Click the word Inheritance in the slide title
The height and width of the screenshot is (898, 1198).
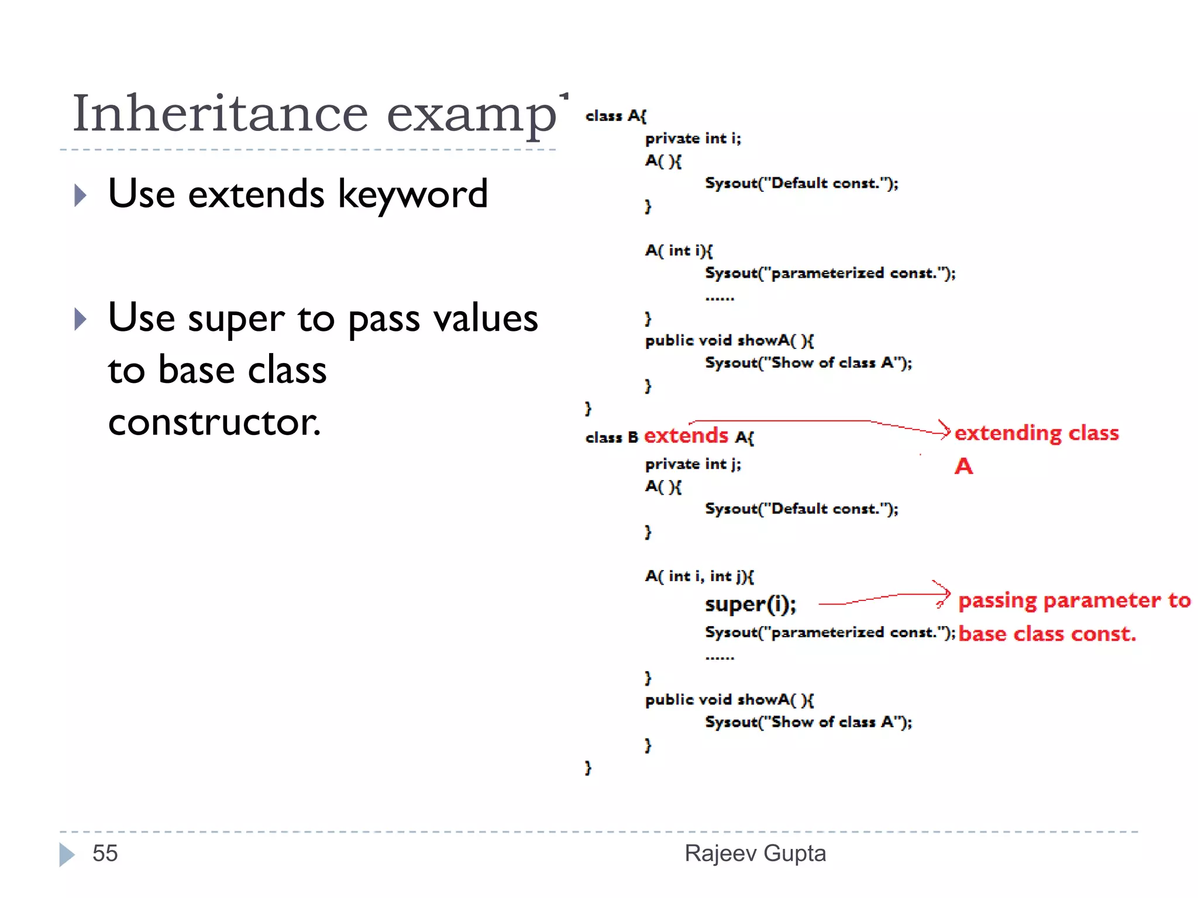point(220,113)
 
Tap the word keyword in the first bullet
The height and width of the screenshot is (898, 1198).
point(413,195)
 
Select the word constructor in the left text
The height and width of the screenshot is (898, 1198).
point(214,422)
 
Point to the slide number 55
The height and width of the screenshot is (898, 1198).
point(105,854)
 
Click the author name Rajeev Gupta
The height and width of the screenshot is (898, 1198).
point(755,854)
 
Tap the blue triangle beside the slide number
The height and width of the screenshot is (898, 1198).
point(67,854)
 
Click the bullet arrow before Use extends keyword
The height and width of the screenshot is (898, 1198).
point(80,195)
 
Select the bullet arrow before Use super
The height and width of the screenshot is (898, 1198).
point(80,319)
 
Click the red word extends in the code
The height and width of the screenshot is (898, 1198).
point(686,436)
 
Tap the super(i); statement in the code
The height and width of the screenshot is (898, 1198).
point(750,605)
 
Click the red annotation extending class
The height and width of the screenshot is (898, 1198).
point(1036,433)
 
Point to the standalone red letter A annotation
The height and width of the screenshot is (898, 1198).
point(963,467)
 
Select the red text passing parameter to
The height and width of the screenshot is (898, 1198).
point(1074,600)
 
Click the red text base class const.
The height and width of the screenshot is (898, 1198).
point(1047,634)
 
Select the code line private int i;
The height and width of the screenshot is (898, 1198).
point(693,139)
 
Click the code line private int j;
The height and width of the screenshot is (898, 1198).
point(693,464)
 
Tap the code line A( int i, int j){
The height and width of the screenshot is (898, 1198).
point(699,576)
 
